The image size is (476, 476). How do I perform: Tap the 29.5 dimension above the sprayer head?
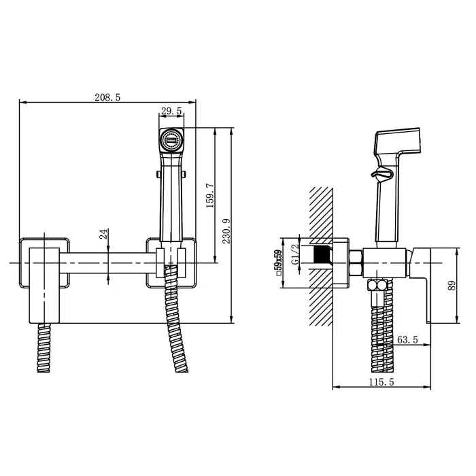coord(171,111)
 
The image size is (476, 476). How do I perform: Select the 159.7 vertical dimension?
coord(209,196)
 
